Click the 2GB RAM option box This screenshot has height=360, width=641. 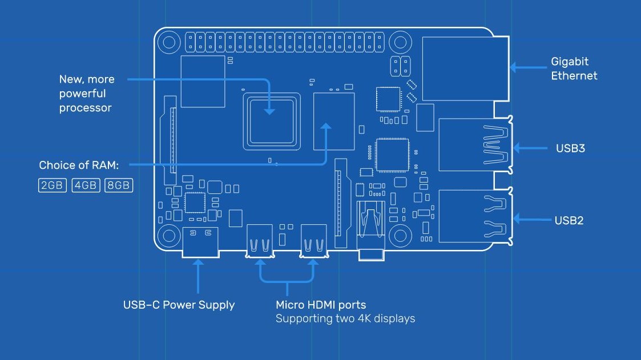(53, 185)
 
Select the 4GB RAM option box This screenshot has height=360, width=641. (86, 185)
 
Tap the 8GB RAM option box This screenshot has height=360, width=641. (119, 185)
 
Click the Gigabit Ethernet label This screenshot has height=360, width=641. (574, 68)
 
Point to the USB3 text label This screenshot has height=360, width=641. (570, 148)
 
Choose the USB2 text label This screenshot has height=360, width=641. (569, 220)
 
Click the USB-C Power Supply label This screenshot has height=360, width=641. (179, 305)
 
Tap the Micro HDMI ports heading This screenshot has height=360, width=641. (321, 305)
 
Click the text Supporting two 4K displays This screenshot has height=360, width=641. (345, 318)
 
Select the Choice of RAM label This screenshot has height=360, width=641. (79, 165)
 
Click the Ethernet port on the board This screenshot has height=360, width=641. (465, 68)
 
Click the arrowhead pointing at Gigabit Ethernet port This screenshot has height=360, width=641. (512, 67)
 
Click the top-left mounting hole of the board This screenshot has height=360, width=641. (169, 42)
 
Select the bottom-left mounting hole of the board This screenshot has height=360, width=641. (169, 234)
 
